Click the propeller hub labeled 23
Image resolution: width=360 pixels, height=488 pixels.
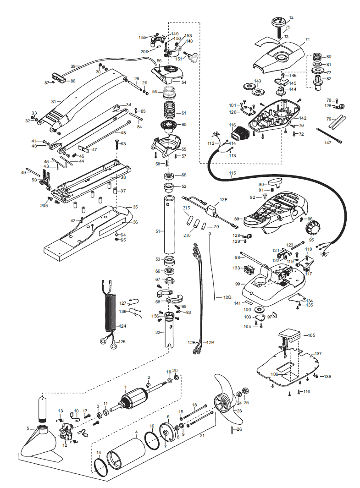pyautogui.click(x=222, y=404)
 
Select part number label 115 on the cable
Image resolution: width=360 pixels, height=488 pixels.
pyautogui.click(x=233, y=173)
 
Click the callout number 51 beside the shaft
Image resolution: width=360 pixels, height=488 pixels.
pyautogui.click(x=158, y=231)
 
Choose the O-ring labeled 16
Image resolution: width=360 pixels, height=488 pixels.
pyautogui.click(x=152, y=440)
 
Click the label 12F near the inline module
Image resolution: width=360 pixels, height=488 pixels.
pyautogui.click(x=223, y=199)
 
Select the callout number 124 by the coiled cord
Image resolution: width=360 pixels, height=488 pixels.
pyautogui.click(x=122, y=326)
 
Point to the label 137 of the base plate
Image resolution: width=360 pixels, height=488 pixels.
pyautogui.click(x=318, y=354)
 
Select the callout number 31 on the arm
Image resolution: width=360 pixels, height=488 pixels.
pyautogui.click(x=54, y=101)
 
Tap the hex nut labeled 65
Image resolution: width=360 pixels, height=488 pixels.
pyautogui.click(x=117, y=240)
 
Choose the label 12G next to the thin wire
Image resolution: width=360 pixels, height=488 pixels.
pyautogui.click(x=227, y=297)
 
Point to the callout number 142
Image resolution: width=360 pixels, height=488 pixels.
pyautogui.click(x=303, y=118)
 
